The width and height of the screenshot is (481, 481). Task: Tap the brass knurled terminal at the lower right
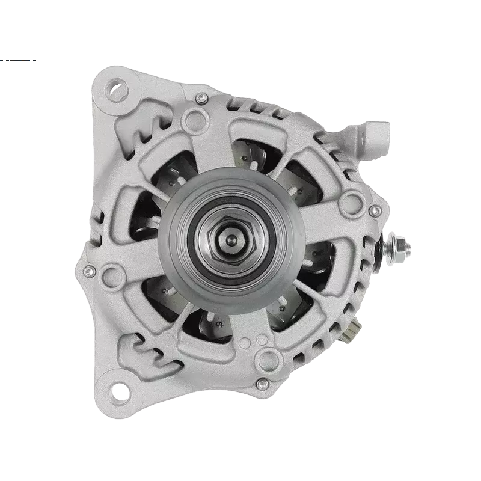(x=354, y=328)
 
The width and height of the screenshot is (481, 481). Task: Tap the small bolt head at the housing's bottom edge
(x=260, y=382)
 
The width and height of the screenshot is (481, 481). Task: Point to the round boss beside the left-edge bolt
(x=112, y=277)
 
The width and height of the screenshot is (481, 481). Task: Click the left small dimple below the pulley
(x=244, y=345)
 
